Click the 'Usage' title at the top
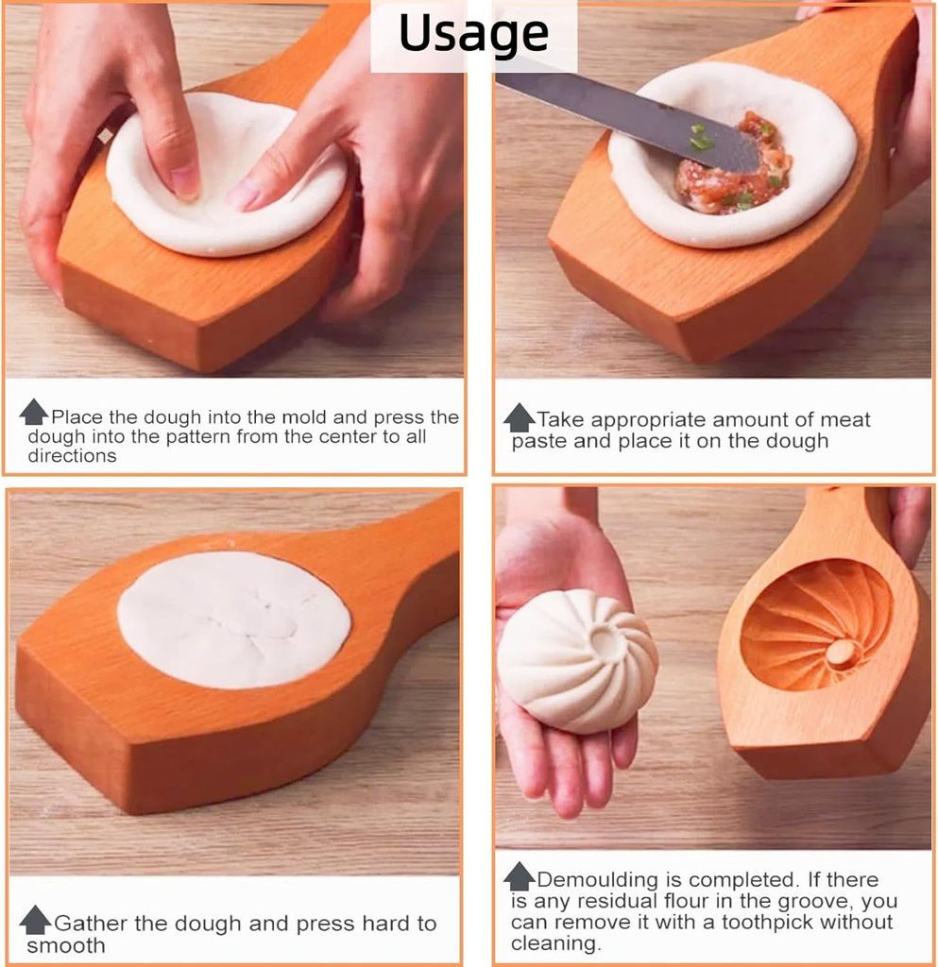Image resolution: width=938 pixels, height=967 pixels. pos(473,34)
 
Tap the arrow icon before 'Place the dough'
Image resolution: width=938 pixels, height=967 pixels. pos(34,412)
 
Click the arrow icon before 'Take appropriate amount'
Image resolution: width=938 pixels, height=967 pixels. pos(519,416)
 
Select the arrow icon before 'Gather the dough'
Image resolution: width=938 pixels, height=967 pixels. pos(36,919)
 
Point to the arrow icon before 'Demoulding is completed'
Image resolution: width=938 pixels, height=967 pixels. pos(519,876)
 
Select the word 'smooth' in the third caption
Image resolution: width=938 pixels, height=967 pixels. pos(65,945)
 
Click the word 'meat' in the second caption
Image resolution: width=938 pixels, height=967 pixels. pos(844,420)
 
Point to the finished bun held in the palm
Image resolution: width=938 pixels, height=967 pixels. pos(576,661)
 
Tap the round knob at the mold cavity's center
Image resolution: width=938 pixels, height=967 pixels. pos(840,652)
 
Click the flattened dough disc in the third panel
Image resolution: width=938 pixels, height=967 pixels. pos(234,619)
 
